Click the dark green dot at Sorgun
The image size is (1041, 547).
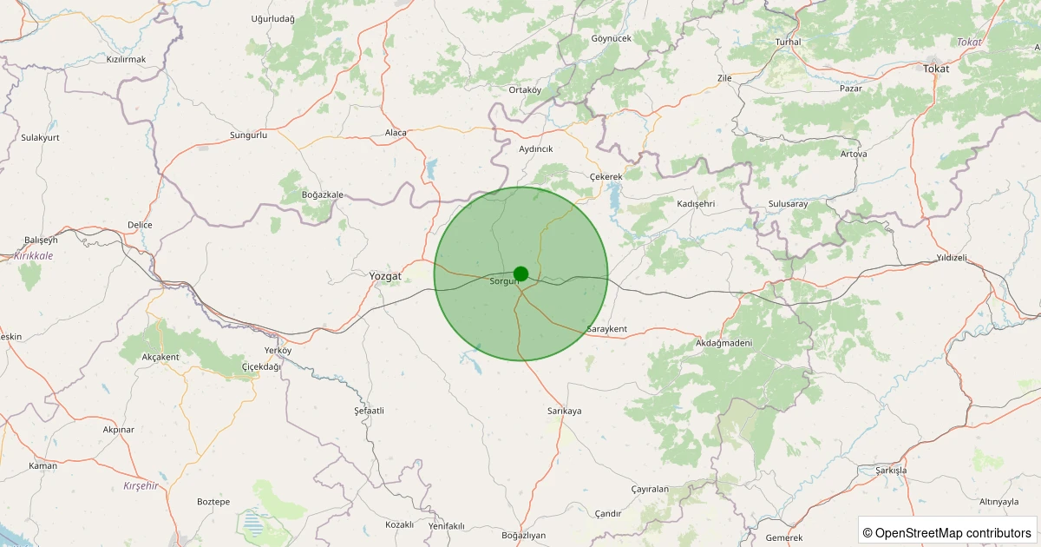520,273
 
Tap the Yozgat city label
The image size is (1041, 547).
385,276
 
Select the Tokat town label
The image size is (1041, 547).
936,69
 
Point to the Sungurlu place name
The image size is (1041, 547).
248,135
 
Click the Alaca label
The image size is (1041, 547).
396,133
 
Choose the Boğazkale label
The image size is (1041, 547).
323,194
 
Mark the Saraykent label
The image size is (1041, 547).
606,330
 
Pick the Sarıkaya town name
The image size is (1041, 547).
564,411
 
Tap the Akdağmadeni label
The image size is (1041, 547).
723,344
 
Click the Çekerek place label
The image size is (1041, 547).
606,177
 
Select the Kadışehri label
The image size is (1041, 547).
695,203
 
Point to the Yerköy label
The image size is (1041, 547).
278,350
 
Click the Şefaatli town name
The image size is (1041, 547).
369,410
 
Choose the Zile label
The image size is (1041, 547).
724,78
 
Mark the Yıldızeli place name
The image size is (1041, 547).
952,259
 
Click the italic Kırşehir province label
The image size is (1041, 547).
141,485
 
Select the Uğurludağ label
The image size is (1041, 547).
273,19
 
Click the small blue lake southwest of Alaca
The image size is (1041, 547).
431,168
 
